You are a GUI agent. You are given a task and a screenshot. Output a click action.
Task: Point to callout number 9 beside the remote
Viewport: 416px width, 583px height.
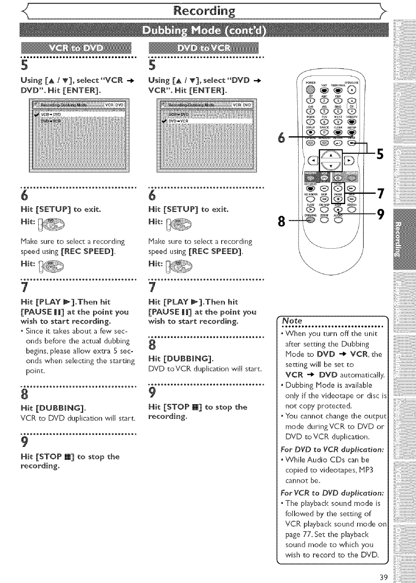click(381, 214)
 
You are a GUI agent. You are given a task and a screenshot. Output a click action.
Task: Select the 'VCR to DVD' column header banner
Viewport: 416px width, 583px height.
click(77, 48)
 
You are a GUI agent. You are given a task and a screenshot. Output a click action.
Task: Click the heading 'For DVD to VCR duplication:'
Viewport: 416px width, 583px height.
click(332, 449)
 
